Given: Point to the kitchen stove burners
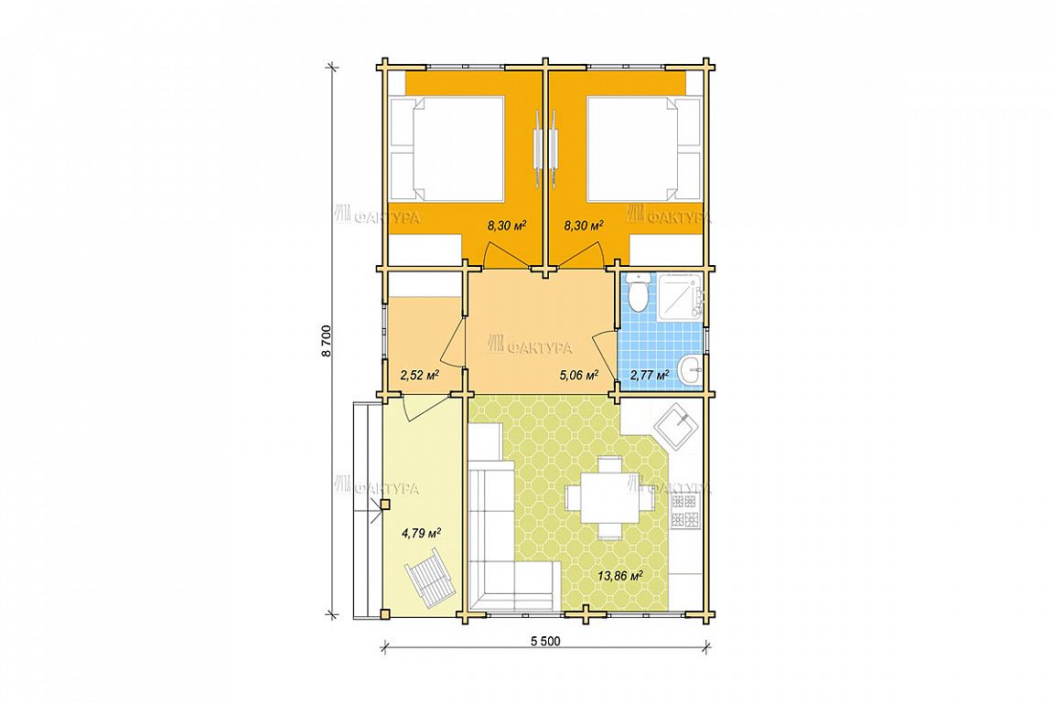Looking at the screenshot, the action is (686, 510).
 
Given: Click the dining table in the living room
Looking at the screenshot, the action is (609, 498).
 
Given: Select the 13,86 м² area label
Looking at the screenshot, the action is (620, 575).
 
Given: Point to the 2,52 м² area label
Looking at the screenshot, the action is (419, 375).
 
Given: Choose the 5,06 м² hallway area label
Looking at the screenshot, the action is (579, 375).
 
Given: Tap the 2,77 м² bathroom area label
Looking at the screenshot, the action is (649, 375).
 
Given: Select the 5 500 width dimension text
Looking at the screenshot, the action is (545, 642).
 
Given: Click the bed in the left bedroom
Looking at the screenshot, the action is (447, 148).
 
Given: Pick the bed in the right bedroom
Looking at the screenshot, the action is (643, 148).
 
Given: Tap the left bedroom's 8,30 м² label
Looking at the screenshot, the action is (506, 226).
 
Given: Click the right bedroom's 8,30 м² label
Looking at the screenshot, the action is (584, 226).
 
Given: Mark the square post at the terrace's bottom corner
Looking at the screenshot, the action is (384, 612).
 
